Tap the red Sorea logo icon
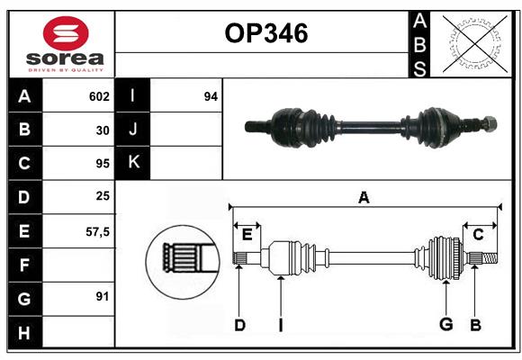[x=66, y=35]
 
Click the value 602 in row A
[x=99, y=96]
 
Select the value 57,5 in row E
[x=97, y=231]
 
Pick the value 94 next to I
[x=211, y=96]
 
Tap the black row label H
[x=24, y=332]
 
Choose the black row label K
[x=133, y=163]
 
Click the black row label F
[x=24, y=265]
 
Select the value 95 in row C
[x=102, y=164]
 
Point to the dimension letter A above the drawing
[x=364, y=197]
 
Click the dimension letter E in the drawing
[x=247, y=234]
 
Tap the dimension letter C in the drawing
[x=478, y=234]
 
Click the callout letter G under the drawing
[x=445, y=324]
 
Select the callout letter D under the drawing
[x=239, y=324]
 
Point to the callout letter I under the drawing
[x=280, y=324]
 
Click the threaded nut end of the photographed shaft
[x=488, y=122]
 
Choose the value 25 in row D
[x=102, y=197]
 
